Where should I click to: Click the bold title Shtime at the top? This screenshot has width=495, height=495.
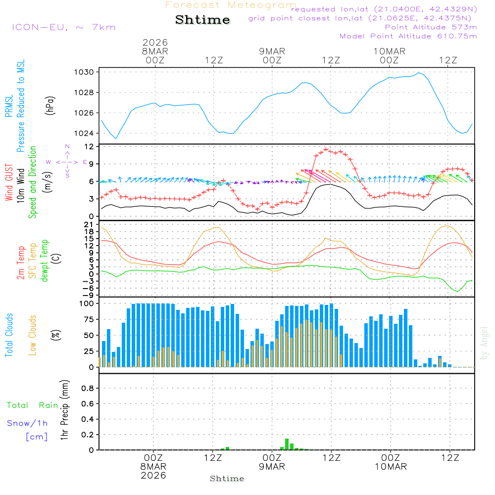(x=202, y=20)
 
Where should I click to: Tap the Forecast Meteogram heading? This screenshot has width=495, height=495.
(x=231, y=5)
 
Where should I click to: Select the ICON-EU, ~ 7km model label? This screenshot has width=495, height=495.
(x=63, y=27)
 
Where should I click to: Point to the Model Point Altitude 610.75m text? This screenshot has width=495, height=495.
(x=408, y=36)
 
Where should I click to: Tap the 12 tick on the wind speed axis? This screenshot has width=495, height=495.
(x=89, y=147)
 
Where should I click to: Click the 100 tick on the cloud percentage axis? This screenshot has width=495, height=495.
(x=87, y=303)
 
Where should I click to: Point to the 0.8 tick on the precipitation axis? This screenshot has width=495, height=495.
(x=88, y=389)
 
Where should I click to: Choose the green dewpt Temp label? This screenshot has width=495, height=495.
(x=45, y=261)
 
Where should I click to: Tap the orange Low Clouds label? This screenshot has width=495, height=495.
(x=33, y=335)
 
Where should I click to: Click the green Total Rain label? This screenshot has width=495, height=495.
(x=32, y=405)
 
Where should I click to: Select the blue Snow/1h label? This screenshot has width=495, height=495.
(x=27, y=423)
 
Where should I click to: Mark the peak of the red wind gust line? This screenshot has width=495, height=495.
(x=326, y=149)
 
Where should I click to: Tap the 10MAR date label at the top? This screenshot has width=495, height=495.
(x=390, y=51)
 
